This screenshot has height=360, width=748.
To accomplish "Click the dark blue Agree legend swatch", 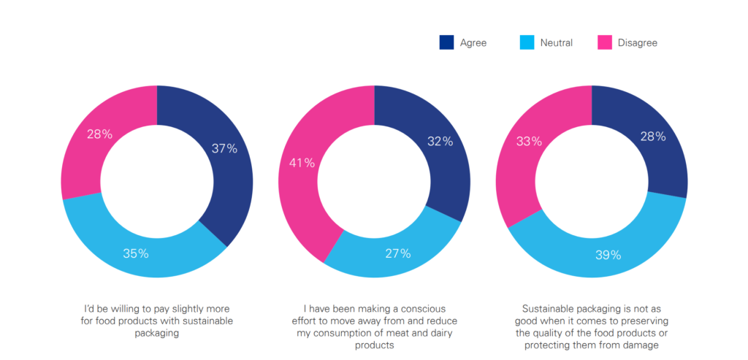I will coord(447,42).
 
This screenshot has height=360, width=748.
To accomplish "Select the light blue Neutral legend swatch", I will coord(527,42).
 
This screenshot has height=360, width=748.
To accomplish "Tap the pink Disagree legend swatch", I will coord(605,42).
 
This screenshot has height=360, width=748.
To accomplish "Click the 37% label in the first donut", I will coord(225,148).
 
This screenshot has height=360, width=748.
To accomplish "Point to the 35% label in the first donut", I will coord(136,253).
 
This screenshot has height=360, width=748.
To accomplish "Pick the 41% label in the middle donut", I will coord(302,163).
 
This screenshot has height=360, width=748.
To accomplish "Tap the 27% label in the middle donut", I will coord(397,253).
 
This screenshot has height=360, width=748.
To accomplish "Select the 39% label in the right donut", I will coord(608,255).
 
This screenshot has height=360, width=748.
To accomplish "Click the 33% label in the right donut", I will coord(528,142).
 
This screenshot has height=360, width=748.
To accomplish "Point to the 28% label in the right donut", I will coord(652,137).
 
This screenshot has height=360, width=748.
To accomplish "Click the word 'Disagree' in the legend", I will coord(637,43).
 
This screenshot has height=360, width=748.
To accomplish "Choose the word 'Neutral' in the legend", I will coord(556,43).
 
